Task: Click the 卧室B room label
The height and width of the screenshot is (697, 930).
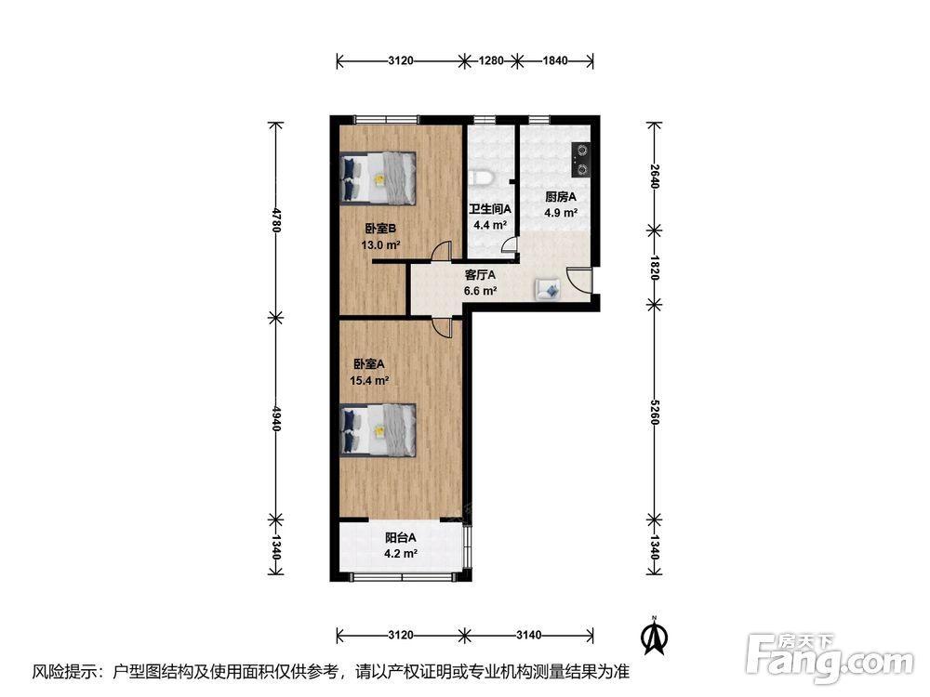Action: pyautogui.click(x=380, y=229)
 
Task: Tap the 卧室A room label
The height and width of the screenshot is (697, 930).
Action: pyautogui.click(x=369, y=364)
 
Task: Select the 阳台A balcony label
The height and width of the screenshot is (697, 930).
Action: pyautogui.click(x=400, y=538)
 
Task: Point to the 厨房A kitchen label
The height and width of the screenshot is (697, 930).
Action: pyautogui.click(x=561, y=197)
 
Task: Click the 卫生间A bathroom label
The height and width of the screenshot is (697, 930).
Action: pyautogui.click(x=490, y=209)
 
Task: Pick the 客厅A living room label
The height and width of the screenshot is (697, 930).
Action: pyautogui.click(x=480, y=276)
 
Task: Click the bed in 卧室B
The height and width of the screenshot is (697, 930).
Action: pyautogui.click(x=378, y=179)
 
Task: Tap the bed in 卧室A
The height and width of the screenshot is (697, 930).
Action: pyautogui.click(x=378, y=430)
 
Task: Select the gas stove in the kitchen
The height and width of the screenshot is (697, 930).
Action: pyautogui.click(x=580, y=160)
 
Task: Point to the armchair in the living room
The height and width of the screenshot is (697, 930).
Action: pyautogui.click(x=548, y=289)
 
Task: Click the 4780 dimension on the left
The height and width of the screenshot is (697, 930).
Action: pyautogui.click(x=276, y=219)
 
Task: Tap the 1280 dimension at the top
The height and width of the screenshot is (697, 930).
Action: pyautogui.click(x=491, y=60)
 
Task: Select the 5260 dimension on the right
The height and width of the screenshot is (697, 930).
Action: pyautogui.click(x=654, y=412)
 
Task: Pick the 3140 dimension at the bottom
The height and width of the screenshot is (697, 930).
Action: pyautogui.click(x=528, y=636)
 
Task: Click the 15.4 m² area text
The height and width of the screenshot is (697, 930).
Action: pyautogui.click(x=369, y=381)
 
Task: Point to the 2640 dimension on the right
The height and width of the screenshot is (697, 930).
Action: pyautogui.click(x=654, y=176)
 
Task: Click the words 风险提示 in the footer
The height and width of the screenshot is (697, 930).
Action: pyautogui.click(x=61, y=672)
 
